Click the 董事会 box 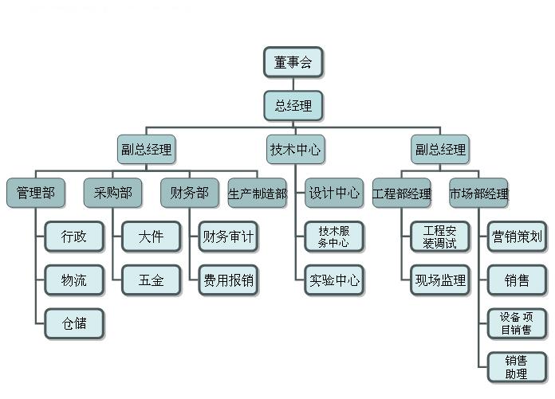coord(293,63)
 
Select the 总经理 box coord(293,106)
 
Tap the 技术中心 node coord(296,149)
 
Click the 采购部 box coord(113,192)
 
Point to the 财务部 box coord(190,192)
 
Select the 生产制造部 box coord(257,193)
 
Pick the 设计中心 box coord(334,192)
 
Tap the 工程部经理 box coord(402,193)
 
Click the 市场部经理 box coord(478,193)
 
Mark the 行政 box coord(74,236)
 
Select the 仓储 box coord(74,323)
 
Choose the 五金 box coord(152,280)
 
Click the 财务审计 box coord(229,236)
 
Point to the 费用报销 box coord(229,280)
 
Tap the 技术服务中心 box coord(334,237)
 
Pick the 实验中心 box coord(334,280)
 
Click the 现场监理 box coord(440,280)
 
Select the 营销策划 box coord(517,236)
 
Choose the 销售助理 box coord(517,366)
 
